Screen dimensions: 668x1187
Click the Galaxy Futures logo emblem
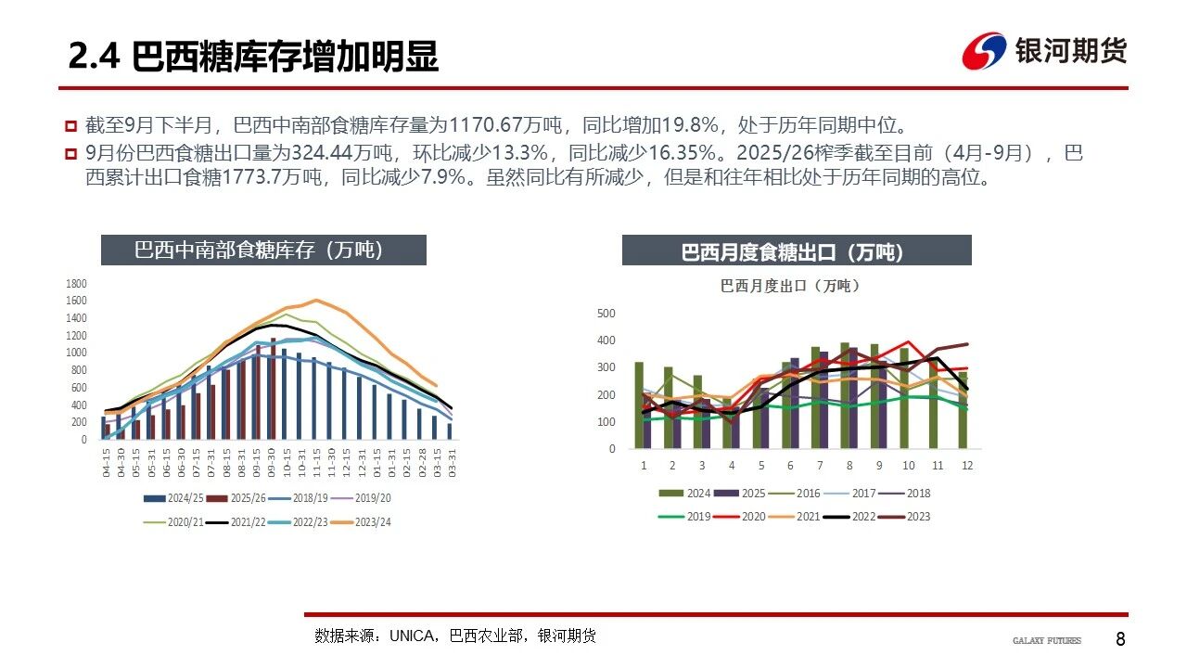(x=984, y=51)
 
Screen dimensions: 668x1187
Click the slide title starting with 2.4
(x=253, y=58)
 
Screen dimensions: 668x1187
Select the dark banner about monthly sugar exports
(x=796, y=251)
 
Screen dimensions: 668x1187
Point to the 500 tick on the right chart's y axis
(x=606, y=314)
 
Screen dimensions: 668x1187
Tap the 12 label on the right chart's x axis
(x=966, y=466)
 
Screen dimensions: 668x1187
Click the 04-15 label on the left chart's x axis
(x=108, y=464)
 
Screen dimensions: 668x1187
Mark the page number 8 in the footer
(x=1120, y=639)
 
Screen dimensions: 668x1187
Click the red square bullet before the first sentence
(x=70, y=125)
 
